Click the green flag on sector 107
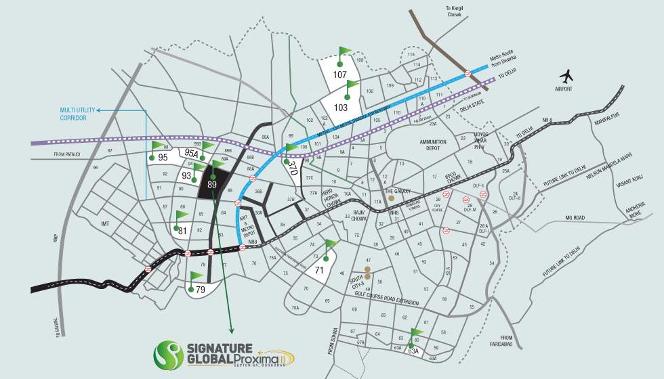point(344,52)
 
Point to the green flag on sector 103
point(351,86)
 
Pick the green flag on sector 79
point(196,277)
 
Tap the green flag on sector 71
point(330,245)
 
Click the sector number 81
point(182,231)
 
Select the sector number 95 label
point(163,158)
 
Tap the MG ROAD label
point(575,218)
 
